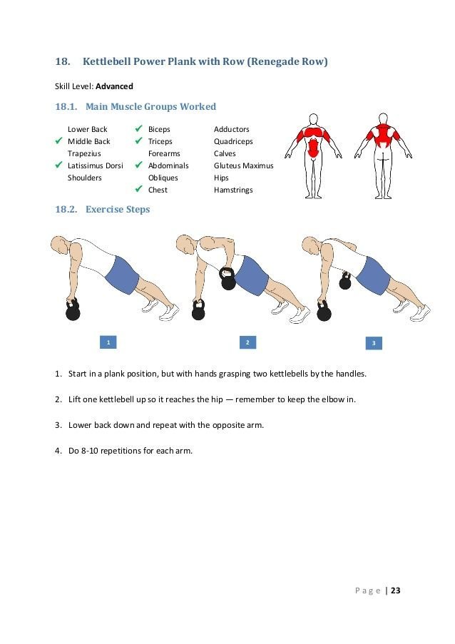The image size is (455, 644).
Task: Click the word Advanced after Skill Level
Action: pyautogui.click(x=114, y=86)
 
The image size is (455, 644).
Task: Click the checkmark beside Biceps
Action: pyautogui.click(x=139, y=129)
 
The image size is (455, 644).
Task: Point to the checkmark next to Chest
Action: pyautogui.click(x=139, y=190)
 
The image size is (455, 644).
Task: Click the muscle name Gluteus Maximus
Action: pyautogui.click(x=243, y=165)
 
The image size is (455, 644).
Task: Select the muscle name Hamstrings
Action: pyautogui.click(x=233, y=190)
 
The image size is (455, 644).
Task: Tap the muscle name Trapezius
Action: pyautogui.click(x=83, y=153)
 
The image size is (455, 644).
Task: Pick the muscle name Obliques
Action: pyautogui.click(x=163, y=178)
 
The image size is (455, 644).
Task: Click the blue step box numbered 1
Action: pyautogui.click(x=108, y=343)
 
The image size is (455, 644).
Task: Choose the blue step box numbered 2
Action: pyautogui.click(x=247, y=343)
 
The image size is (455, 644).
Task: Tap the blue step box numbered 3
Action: pyautogui.click(x=374, y=344)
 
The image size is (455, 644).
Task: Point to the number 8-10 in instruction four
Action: pyautogui.click(x=89, y=451)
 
